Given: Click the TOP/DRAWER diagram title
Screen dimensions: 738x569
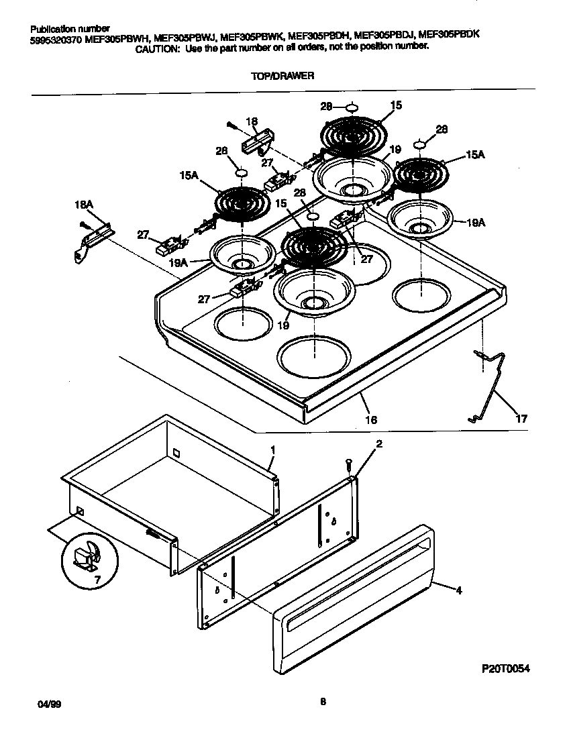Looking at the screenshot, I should pos(282,76).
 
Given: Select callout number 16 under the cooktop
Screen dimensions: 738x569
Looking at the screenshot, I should pos(370,420).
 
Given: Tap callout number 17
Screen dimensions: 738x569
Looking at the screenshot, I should pos(521,419).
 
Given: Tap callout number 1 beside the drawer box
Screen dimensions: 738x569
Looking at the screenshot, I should pos(273,448).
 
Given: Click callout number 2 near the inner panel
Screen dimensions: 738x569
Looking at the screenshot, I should pos(379,444).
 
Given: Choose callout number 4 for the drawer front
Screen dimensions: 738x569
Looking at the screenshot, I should pos(458,591).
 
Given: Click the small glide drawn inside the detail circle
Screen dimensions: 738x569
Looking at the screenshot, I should pos(88,554).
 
